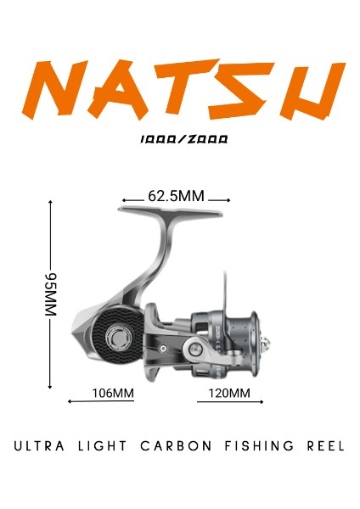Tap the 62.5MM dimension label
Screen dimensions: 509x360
176,197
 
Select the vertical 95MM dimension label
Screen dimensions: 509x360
50,295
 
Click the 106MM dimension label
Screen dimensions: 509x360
112,393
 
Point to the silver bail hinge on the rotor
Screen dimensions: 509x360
194,348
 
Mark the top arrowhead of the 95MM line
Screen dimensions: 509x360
50,203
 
